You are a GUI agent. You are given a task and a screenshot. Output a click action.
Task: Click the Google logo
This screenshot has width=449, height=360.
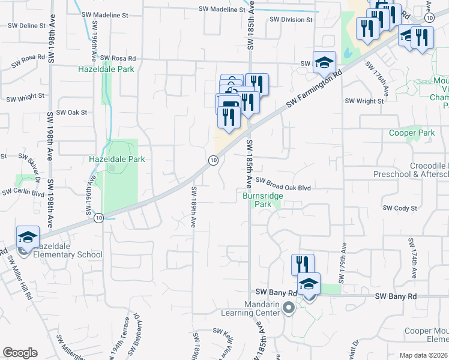[x=19, y=352]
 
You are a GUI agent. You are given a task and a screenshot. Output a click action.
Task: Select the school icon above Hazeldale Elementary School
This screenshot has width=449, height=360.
[x=28, y=237]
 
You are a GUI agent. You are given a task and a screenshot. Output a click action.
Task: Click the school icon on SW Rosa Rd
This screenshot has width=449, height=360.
[x=324, y=62]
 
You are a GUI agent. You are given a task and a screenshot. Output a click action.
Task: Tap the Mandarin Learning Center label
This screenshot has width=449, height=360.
[x=253, y=308]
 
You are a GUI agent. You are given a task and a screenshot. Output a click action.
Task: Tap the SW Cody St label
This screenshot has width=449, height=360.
[x=400, y=208]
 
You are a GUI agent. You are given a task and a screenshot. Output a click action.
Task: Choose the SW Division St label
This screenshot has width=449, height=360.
[x=291, y=19]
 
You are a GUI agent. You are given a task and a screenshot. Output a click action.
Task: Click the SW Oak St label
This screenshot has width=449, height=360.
[x=71, y=112]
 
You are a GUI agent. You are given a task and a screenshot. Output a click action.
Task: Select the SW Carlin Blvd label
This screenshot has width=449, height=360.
[x=23, y=193]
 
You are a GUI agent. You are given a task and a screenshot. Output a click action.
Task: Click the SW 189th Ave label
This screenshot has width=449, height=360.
[x=194, y=207]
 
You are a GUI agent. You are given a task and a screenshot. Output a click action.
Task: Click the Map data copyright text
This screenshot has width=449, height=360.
[x=424, y=355]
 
